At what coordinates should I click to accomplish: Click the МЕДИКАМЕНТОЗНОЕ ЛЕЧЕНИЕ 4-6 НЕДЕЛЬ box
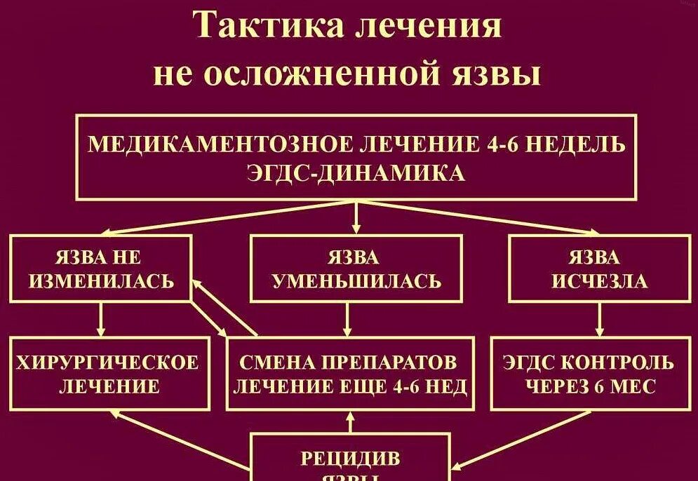click(x=356, y=157)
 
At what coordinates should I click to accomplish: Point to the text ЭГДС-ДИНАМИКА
click(x=356, y=172)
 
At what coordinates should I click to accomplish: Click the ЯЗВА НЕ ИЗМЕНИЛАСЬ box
click(x=100, y=269)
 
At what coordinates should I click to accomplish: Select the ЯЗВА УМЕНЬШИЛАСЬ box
click(x=356, y=269)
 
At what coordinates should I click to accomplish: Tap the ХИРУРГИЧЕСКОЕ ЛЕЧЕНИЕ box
click(x=109, y=373)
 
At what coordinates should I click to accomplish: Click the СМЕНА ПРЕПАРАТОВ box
click(x=349, y=373)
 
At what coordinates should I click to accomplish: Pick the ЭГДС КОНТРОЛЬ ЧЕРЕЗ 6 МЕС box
click(x=589, y=373)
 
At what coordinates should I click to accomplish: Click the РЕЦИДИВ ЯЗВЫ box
click(x=350, y=459)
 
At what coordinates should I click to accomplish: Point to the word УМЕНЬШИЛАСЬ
click(x=356, y=281)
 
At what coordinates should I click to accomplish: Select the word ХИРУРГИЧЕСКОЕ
click(x=109, y=363)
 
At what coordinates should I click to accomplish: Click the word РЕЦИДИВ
click(x=350, y=459)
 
